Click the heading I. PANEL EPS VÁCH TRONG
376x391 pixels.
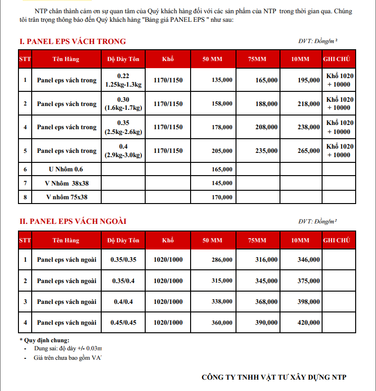coord(72,42)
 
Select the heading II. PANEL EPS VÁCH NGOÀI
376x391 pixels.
coord(73,221)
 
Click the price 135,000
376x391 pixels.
coord(222,80)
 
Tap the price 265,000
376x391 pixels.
coord(309,151)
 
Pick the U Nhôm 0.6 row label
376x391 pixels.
coord(66,169)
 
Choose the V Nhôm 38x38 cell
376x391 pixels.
coord(66,183)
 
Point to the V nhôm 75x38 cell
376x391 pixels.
coord(66,197)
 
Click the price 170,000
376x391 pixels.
coord(222,197)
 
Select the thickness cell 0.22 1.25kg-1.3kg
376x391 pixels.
coord(123,80)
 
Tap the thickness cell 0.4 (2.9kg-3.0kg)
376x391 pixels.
coord(123,151)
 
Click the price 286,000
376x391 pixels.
coord(222,259)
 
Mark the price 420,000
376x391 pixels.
coord(309,323)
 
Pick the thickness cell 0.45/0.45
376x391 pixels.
coord(123,323)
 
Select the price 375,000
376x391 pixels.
coord(309,281)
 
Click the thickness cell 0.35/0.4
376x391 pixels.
coord(123,281)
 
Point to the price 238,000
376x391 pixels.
coord(309,127)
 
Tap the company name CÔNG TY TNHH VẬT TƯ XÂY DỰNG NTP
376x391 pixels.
coord(274,377)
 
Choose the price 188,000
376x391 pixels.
coord(266,104)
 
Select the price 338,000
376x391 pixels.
coord(222,302)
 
